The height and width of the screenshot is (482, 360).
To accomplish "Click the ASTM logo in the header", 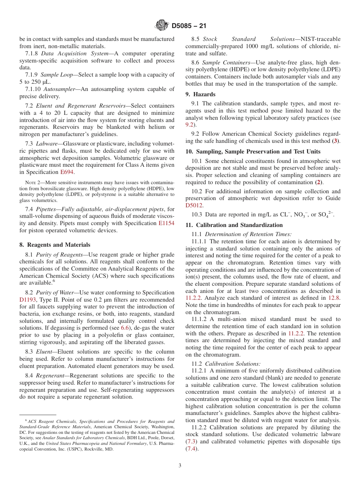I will (x=162, y=26).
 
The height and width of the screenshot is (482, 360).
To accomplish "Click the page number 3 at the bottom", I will (x=180, y=465).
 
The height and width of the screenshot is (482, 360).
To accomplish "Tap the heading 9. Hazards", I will (x=200, y=94).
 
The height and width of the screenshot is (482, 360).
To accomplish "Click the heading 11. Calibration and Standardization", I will (x=234, y=225).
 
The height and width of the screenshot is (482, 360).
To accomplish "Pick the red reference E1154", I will (x=166, y=223).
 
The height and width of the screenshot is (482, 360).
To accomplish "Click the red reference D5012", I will (x=194, y=205).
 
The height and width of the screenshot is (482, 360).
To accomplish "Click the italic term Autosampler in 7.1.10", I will (x=58, y=89).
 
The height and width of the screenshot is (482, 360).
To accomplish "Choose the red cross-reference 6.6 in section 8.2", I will (x=125, y=328).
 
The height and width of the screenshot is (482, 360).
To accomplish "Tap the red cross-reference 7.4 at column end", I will (x=191, y=449).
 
